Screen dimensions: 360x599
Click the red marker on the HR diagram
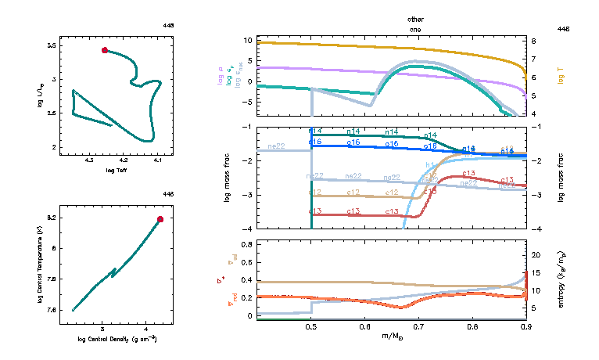coord(105,50)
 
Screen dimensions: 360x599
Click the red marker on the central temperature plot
coord(160,219)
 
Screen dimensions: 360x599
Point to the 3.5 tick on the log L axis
coord(52,47)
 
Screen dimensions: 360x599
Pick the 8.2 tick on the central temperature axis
coord(52,218)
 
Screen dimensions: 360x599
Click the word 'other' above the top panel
coord(416,18)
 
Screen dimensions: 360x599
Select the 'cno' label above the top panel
coord(416,28)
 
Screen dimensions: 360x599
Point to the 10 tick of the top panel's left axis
coord(248,40)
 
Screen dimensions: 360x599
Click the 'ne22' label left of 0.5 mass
coord(276,146)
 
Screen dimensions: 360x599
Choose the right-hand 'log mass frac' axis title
coord(561,178)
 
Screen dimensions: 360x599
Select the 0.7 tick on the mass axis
coord(418,327)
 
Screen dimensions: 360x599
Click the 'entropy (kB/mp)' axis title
coord(561,279)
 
